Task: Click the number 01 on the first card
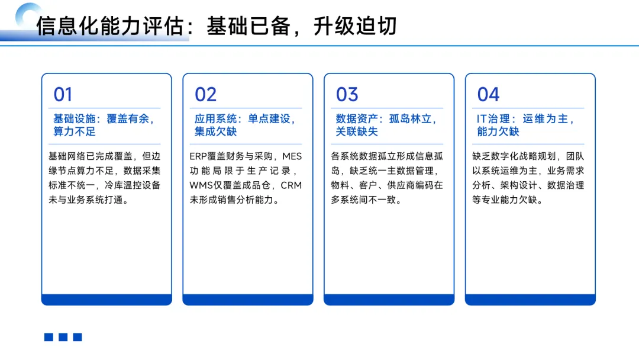[63, 95]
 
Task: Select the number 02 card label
[206, 95]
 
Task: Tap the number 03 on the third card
[347, 95]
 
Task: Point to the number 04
[489, 95]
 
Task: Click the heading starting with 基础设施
[104, 125]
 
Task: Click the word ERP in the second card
[198, 157]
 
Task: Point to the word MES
[292, 157]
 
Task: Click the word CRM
[291, 185]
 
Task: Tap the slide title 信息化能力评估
[109, 27]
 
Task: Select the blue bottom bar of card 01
[106, 300]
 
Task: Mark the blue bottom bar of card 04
[530, 300]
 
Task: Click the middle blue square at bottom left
[63, 337]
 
